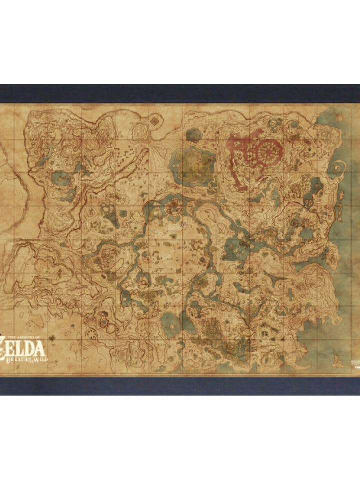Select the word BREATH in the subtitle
pyautogui.click(x=18, y=356)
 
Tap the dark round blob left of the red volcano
pyautogui.click(x=192, y=133)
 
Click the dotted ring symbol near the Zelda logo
pyautogui.click(x=92, y=334)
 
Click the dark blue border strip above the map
pyautogui.click(x=180, y=93)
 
